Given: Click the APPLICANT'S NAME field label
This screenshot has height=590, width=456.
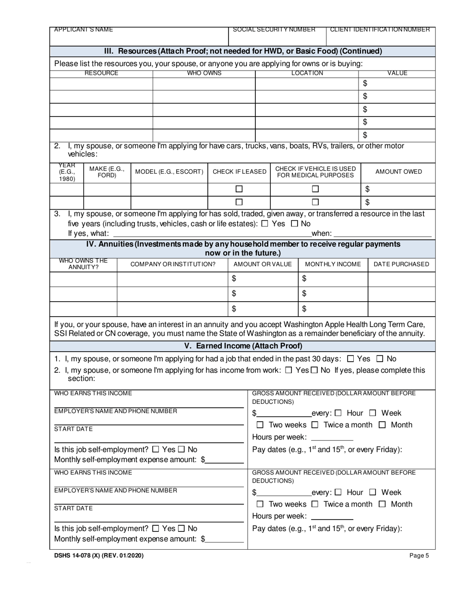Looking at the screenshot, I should point(84,30).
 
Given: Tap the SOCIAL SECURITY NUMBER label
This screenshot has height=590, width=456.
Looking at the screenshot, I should point(274,30).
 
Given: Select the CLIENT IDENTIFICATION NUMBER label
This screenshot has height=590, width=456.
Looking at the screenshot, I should point(380,30).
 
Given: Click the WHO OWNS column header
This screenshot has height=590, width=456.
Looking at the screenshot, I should point(204,73).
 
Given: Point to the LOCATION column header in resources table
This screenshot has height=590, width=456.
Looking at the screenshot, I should point(307,73).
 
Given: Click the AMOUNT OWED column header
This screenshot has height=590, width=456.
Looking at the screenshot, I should point(398,172).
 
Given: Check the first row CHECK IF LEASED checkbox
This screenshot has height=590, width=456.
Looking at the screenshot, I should point(239,189).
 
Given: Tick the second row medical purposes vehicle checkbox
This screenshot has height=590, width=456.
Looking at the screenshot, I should point(315,202).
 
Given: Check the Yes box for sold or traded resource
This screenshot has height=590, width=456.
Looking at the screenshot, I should point(264,224).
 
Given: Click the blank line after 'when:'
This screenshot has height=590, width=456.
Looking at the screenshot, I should point(382,234).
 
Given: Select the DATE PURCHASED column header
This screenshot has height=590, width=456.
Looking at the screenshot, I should point(401,264).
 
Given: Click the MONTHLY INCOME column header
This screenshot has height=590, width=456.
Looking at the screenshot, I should point(333,264).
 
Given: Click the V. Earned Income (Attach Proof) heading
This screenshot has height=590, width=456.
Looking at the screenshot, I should point(243,346).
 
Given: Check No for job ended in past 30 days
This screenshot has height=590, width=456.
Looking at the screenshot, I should point(380,358).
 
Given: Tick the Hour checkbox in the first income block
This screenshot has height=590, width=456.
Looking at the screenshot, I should point(338,413).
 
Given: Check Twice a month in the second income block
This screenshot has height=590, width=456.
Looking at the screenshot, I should point(315,504).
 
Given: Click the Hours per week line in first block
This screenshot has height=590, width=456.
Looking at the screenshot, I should point(332,437).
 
